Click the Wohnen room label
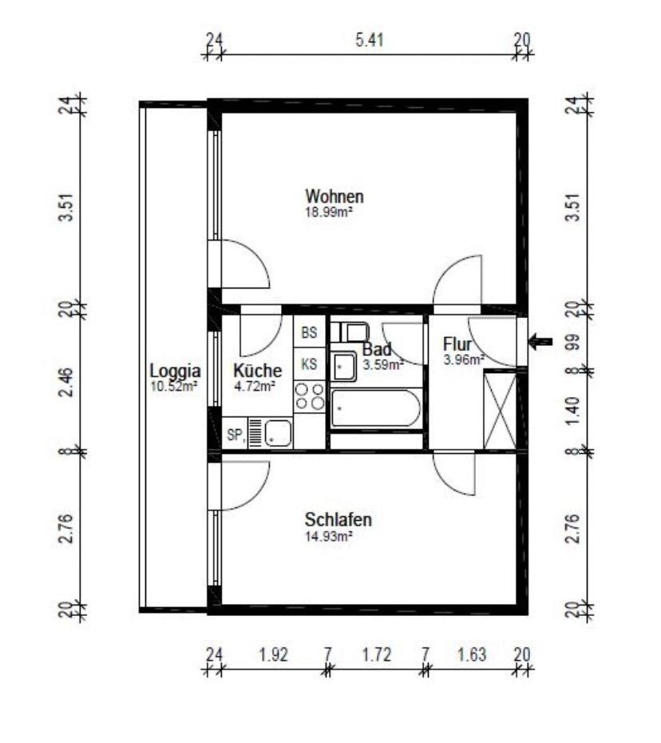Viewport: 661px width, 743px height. click(x=334, y=197)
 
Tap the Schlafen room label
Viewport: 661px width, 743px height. click(x=338, y=520)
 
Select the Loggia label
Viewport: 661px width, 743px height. click(x=175, y=371)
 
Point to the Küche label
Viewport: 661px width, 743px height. click(x=258, y=370)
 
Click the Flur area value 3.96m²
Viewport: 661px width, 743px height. click(x=464, y=360)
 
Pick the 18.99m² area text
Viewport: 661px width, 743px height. click(x=329, y=212)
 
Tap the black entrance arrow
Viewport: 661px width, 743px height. click(x=540, y=341)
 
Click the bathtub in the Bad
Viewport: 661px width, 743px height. click(x=376, y=408)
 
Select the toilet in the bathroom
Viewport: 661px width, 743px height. click(x=350, y=332)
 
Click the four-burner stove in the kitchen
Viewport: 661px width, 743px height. click(x=309, y=396)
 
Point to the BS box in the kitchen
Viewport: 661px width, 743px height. click(x=309, y=332)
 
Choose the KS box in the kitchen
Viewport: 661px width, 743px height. click(x=309, y=364)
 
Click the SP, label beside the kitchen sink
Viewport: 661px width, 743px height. click(x=236, y=434)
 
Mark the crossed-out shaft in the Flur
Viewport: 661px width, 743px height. click(x=500, y=411)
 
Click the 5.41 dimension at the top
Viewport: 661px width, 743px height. click(x=370, y=40)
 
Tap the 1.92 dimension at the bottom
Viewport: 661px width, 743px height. click(x=273, y=655)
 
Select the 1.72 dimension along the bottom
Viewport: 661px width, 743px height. click(x=377, y=655)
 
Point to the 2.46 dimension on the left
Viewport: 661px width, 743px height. click(x=66, y=382)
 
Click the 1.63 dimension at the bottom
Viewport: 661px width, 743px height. click(x=472, y=655)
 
